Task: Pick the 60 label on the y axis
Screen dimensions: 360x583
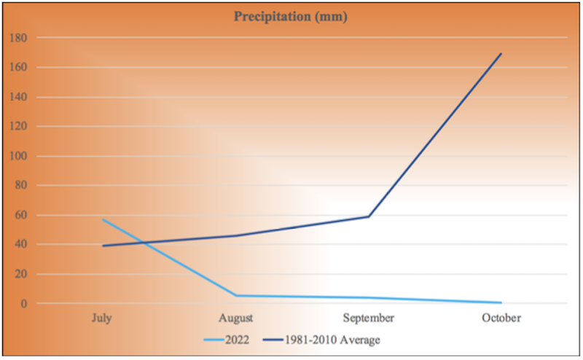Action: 20,215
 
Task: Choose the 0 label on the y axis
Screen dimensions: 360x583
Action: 23,303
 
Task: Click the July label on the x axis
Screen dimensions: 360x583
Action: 103,318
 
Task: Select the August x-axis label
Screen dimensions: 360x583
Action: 235,318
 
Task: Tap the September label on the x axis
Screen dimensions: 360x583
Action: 369,318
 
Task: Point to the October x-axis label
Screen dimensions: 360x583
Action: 501,318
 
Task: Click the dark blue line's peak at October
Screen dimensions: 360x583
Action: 501,53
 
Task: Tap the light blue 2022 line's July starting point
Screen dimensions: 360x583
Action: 103,219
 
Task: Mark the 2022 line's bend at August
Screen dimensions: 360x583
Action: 235,295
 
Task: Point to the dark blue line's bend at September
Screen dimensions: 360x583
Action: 369,216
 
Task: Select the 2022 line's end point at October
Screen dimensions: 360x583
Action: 501,302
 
